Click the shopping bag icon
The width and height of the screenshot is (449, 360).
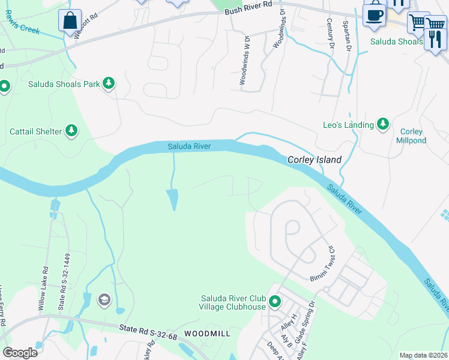(70, 20)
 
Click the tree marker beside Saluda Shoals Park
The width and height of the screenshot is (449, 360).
(109, 83)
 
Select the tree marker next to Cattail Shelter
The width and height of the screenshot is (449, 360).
(71, 130)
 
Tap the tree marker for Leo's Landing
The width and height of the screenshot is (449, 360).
(383, 124)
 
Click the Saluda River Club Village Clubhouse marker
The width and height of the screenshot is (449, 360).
(275, 301)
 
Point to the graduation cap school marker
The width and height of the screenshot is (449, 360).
(104, 299)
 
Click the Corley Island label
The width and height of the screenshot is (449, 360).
(315, 160)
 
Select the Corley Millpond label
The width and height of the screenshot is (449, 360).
(411, 136)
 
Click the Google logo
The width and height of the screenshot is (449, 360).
(20, 352)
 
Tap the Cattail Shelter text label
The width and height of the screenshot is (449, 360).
(35, 131)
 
